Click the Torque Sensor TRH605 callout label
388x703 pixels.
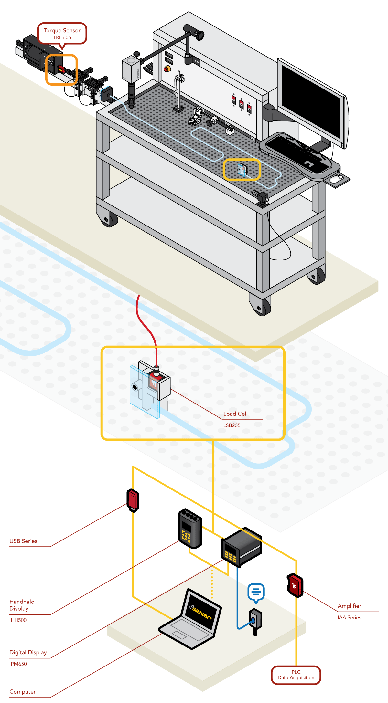pos(62,34)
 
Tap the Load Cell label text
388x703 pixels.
pos(235,414)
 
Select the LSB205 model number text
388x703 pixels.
pos(232,425)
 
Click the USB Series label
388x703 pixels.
pos(23,541)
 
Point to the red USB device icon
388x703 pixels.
pos(133,500)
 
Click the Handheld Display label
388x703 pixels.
pos(22,605)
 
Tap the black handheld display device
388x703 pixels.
pos(190,528)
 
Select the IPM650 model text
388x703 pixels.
pos(18,664)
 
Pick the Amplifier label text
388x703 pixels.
pos(349,606)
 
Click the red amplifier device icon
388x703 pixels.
pos(295,585)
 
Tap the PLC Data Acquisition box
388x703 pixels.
pos(296,675)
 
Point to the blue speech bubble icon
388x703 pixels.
pos(256,592)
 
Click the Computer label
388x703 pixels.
pos(23,692)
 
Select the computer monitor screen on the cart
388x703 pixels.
pos(310,100)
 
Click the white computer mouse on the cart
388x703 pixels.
pos(337,178)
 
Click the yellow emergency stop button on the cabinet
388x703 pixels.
pos(167,68)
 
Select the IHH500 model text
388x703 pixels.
pos(18,620)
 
